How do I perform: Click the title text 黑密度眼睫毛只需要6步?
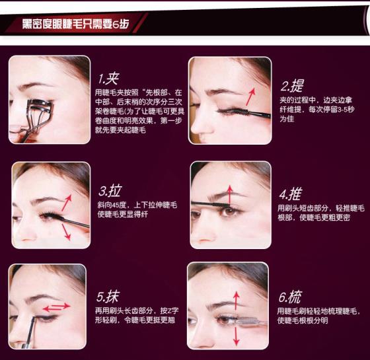pos(75,24)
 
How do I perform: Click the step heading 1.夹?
pos(108,79)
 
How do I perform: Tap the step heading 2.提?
pos(292,86)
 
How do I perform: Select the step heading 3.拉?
pos(110,191)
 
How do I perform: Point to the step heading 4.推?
pos(291,194)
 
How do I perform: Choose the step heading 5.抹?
pos(108,297)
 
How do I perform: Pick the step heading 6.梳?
pos(290,297)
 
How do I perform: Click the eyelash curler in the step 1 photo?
pos(36,118)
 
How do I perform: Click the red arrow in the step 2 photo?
pos(250,96)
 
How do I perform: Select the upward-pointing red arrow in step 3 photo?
pos(67,203)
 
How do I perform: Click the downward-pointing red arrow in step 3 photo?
pos(66,232)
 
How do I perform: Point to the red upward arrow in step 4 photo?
pos(230,195)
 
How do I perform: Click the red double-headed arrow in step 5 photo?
pos(56,307)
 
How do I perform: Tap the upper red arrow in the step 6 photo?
pos(237,301)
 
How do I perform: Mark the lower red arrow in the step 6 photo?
pos(237,336)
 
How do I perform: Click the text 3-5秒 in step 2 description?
pos(346,109)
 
